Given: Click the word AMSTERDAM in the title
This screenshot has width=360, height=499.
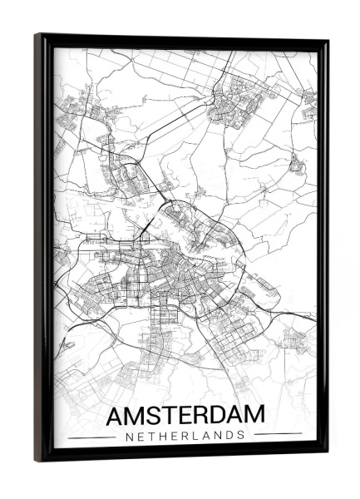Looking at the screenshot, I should click(186, 415).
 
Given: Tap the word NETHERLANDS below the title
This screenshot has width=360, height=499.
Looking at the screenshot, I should click(185, 434).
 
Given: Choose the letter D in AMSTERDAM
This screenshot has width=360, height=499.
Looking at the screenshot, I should click(216, 415).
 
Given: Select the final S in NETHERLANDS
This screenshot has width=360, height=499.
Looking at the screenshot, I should click(242, 434).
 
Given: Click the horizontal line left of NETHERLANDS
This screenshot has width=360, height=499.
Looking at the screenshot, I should click(91, 435).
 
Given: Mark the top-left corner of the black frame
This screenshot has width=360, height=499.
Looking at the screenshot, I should click(37, 36).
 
